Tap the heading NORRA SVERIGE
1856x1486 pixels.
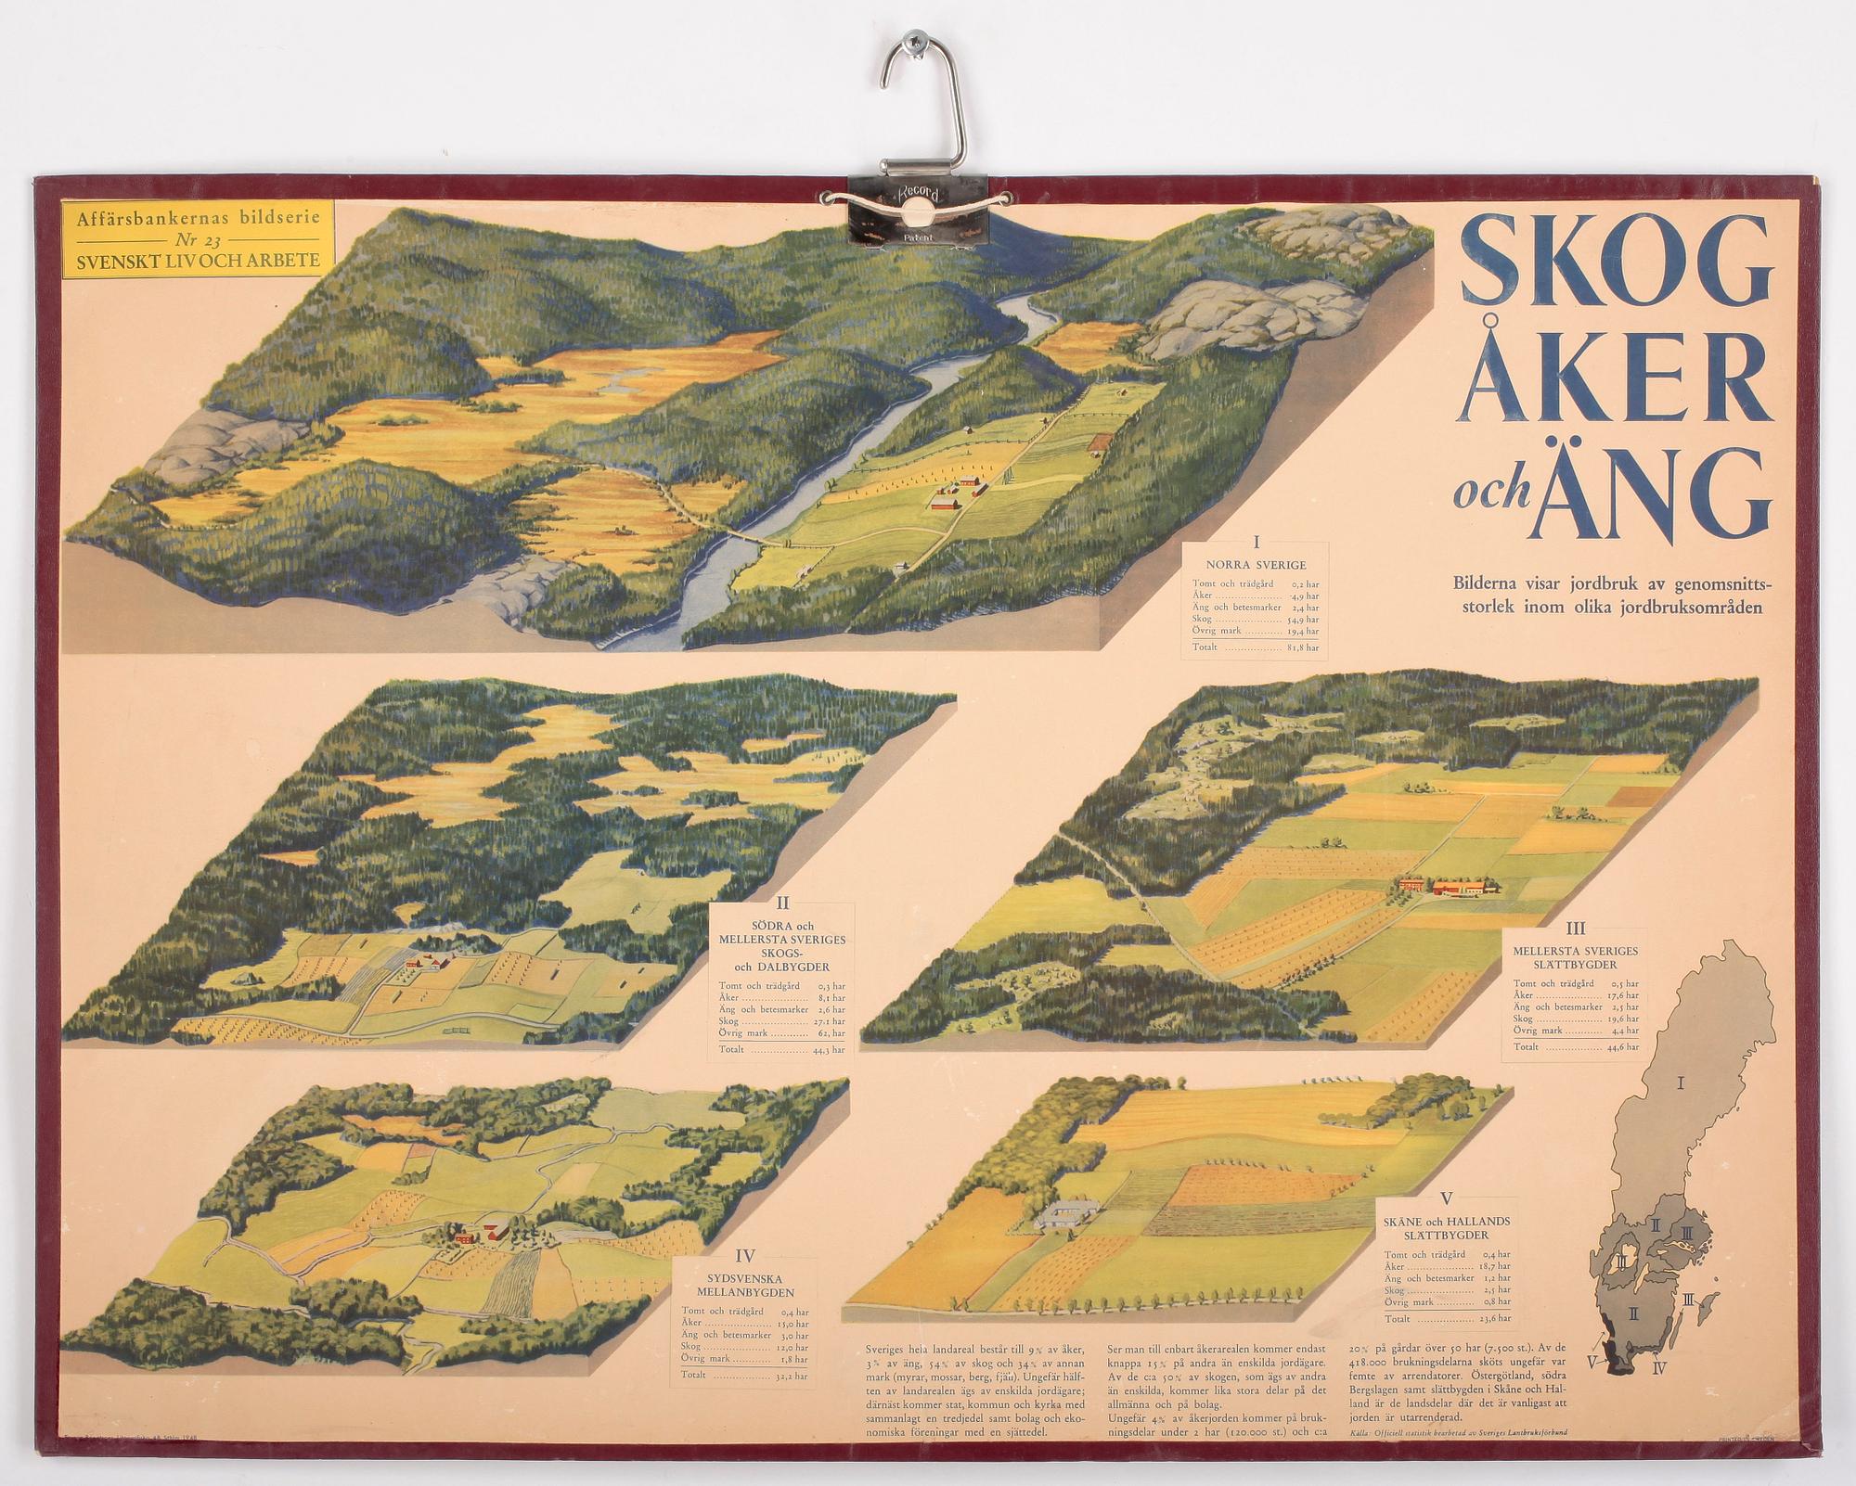[x=1256, y=564]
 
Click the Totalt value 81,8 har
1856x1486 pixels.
[x=1303, y=647]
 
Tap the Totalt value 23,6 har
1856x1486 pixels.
[x=1496, y=1318]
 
